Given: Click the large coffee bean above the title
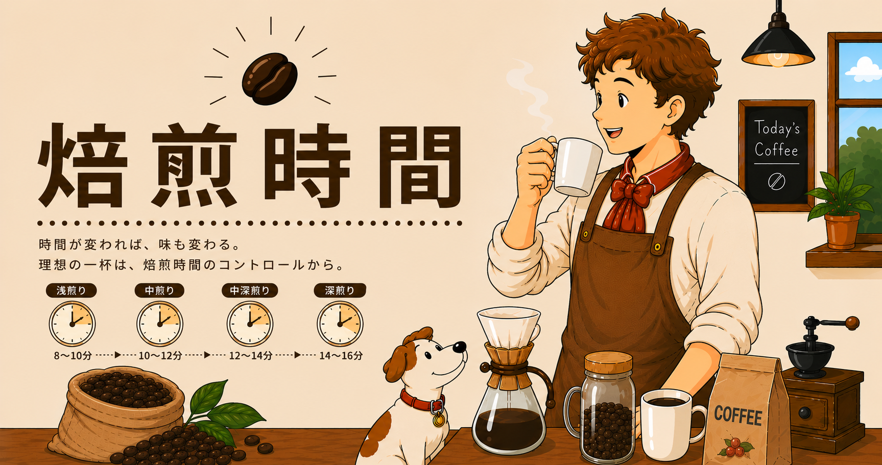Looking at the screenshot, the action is [270, 78].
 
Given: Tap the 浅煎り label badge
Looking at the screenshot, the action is [71, 290].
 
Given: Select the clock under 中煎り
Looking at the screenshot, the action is [160, 324].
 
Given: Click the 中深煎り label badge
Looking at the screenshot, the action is [250, 290].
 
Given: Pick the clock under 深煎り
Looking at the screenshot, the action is [340, 324].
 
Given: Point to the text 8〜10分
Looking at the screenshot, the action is [73, 355].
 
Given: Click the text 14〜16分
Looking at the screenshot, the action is [341, 355].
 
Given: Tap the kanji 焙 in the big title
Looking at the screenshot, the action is [83, 165].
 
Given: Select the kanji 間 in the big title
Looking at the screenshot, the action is [420, 166].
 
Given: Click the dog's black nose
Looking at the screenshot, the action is [460, 347].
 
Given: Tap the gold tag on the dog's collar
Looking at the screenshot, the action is [439, 420].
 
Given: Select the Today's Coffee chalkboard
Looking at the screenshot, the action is [776, 155].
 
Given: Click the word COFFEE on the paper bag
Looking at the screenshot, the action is [738, 415].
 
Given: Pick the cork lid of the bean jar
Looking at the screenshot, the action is [608, 363].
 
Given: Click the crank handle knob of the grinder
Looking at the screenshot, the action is [852, 323].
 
